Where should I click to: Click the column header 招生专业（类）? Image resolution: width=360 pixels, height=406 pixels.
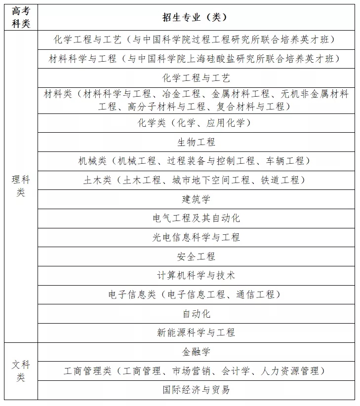pos(196,17)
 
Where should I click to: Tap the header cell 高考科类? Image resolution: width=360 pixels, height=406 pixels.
pos(21,17)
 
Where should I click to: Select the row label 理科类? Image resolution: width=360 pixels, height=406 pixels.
pos(21,186)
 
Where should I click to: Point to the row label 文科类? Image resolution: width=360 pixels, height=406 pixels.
pos(21,371)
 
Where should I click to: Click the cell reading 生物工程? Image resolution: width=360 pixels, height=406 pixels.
pos(196,142)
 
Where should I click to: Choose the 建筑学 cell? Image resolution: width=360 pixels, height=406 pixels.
pos(196,199)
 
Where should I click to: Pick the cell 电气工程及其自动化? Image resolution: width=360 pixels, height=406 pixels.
pos(196,218)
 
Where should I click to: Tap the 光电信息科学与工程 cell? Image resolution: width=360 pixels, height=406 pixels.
pos(196,237)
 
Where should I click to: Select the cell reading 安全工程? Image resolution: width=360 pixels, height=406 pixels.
pos(196,257)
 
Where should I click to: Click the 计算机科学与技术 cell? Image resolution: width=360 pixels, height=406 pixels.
pos(196,275)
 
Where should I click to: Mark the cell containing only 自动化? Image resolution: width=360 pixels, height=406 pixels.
pos(196,314)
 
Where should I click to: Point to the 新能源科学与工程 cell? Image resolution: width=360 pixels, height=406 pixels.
pos(196,332)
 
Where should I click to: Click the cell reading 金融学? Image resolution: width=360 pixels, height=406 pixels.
pos(196,352)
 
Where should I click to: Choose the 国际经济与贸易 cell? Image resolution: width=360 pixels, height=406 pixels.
pos(196,390)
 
